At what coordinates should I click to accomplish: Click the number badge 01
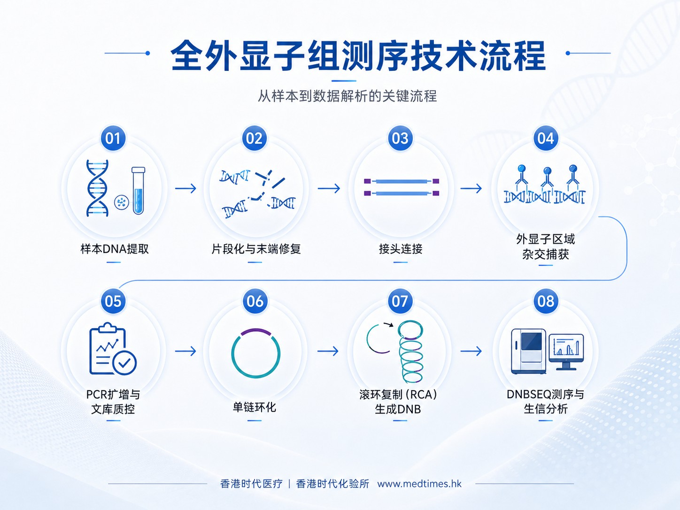113,138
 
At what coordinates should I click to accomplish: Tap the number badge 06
255,301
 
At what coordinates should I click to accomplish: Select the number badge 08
546,301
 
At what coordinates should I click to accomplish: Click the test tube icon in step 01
138,191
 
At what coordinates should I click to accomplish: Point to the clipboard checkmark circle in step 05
124,363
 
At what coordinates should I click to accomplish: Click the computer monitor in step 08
566,352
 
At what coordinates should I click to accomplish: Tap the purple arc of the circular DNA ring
256,332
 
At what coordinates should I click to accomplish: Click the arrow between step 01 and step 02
185,188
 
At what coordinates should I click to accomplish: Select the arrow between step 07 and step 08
471,351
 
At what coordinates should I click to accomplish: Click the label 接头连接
400,249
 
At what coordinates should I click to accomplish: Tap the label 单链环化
255,407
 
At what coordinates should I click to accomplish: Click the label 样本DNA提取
115,249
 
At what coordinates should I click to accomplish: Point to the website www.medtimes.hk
419,484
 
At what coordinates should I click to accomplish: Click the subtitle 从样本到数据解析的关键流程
348,96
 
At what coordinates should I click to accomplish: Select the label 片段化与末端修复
256,249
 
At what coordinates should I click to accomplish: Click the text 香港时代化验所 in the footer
332,484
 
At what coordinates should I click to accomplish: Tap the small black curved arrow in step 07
389,324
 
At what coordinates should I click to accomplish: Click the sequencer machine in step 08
528,351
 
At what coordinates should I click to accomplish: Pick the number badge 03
400,138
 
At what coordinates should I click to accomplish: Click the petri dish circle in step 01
122,203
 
